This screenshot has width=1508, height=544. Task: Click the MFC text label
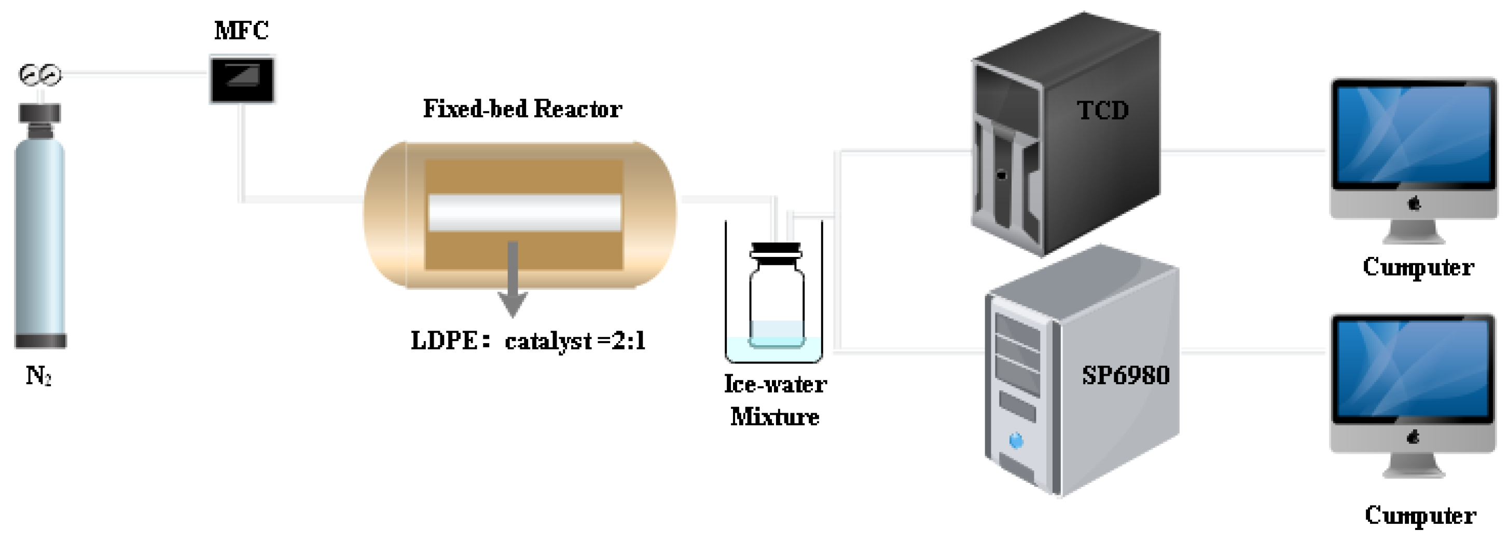pos(241,31)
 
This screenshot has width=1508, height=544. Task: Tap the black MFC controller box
pos(242,79)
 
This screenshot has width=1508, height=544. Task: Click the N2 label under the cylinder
pos(38,375)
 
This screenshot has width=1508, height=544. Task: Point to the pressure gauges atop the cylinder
pos(40,75)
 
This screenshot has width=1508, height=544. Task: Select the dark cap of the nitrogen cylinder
pos(40,114)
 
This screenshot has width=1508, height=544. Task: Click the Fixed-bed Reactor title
pos(522,109)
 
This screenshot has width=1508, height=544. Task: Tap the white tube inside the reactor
pos(524,212)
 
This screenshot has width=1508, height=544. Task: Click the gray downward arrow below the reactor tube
pos(513,281)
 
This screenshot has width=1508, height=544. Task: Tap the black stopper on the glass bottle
pos(776,251)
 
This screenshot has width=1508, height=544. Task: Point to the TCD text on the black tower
pos(1103,111)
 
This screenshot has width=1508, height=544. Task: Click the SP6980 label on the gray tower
pos(1125,375)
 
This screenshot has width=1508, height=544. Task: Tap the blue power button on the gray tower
pos(1017,440)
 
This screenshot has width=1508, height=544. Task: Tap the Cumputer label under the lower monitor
pos(1420,515)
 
